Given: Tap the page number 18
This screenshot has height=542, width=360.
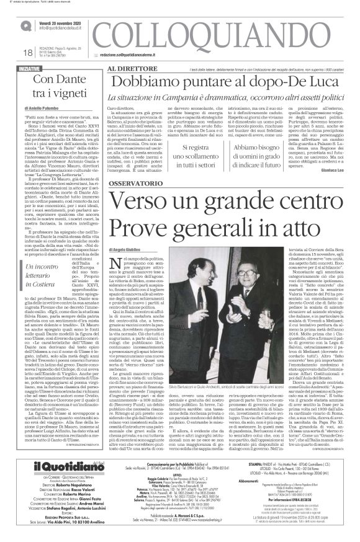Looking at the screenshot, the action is pos(12,51).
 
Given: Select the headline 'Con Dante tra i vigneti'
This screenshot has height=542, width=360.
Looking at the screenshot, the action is pos(56,87).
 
